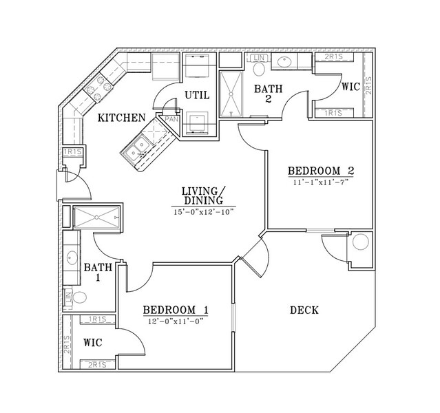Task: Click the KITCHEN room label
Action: point(121,118)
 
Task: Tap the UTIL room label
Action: point(197,96)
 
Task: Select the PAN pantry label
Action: point(171,119)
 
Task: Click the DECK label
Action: point(304,310)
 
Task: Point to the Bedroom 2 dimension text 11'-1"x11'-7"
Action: point(321,182)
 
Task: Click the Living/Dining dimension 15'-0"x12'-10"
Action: point(203,212)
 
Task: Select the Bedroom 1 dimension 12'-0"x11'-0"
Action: point(176,321)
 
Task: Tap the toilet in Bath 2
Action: point(259,68)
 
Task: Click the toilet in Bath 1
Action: point(79,297)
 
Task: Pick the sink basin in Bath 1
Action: point(72,257)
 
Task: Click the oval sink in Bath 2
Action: point(284,62)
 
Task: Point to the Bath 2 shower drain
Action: point(231,94)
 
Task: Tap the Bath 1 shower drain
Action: point(96,217)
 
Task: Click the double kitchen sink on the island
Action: point(136,149)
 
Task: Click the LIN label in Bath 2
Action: point(258,58)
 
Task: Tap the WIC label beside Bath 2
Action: point(350,87)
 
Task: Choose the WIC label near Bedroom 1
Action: point(92,343)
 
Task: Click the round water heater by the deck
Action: point(361,242)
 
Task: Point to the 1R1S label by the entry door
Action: point(73,152)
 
